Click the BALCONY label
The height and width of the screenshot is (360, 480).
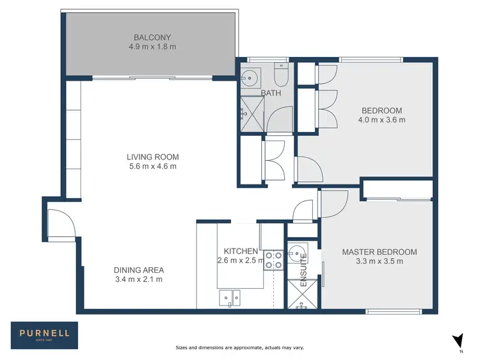pos(152,37)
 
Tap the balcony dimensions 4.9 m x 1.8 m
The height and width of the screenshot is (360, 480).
pos(152,46)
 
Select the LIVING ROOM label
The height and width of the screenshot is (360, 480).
pos(152,157)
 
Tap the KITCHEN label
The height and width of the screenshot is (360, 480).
pos(241,251)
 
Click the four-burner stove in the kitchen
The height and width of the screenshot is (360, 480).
pos(274,258)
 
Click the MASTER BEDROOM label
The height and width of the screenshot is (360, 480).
pos(379,252)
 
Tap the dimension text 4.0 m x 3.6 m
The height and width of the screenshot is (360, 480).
pos(382,120)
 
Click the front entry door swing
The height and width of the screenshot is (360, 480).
pos(62,224)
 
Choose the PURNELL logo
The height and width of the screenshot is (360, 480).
pos(44,333)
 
